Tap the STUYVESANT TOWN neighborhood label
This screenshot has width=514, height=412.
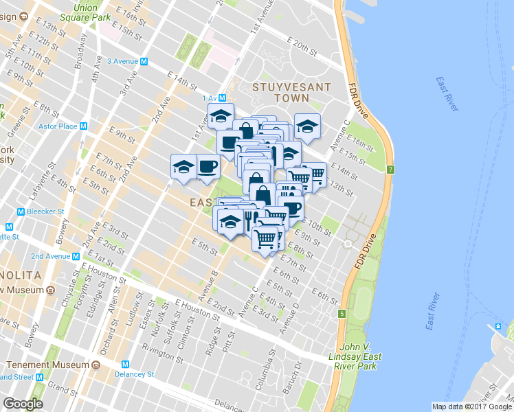[x=291, y=93]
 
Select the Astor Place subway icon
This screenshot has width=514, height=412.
[x=82, y=126]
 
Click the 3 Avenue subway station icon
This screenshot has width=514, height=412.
[x=144, y=61]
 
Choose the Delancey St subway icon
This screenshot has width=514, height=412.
[x=125, y=364]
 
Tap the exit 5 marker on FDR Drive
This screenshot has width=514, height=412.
[x=341, y=314]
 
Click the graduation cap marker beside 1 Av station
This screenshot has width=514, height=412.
[x=221, y=116]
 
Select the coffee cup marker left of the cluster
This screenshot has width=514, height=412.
[x=208, y=166]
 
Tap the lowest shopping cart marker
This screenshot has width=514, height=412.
[x=265, y=239]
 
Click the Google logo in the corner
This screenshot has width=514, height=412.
[x=23, y=404]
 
